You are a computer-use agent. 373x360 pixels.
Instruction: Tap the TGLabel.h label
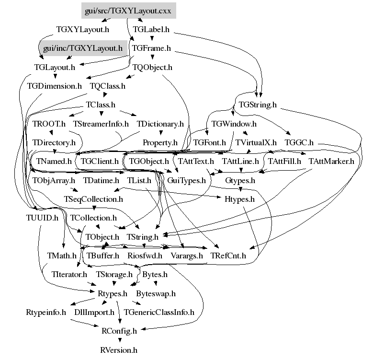point(151,29)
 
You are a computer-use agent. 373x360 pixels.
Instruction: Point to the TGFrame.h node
point(151,48)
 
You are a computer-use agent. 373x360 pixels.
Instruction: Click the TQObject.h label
point(152,68)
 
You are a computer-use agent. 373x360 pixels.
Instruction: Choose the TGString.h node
point(258,105)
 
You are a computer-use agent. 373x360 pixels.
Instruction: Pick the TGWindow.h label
point(234,124)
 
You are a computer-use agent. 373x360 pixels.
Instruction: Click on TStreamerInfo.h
point(101,124)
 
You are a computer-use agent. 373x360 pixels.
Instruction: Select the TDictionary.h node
point(160,124)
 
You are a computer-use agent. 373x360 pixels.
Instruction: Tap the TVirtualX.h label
point(256,142)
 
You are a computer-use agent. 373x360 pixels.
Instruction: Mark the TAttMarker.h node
point(331,161)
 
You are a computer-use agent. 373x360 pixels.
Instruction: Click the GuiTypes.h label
point(186,181)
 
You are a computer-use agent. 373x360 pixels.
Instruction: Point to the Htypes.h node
point(239,199)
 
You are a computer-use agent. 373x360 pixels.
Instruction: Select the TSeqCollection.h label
point(93,199)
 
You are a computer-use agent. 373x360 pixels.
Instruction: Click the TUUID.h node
point(42,218)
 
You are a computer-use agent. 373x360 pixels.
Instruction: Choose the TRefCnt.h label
point(228,256)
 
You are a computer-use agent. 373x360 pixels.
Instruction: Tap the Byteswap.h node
point(156,293)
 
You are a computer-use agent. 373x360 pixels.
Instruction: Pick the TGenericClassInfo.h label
point(159,313)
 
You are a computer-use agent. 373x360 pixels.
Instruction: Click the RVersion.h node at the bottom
point(119,350)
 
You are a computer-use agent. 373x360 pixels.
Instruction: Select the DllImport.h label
point(94,313)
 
